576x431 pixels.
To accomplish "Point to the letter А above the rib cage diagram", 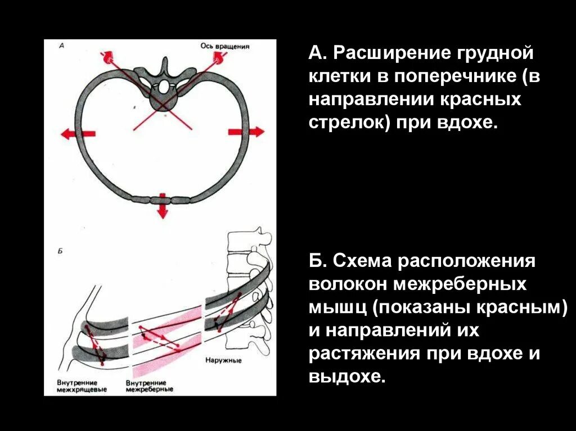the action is point(60,47).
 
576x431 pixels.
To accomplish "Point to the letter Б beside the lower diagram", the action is point(60,251).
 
